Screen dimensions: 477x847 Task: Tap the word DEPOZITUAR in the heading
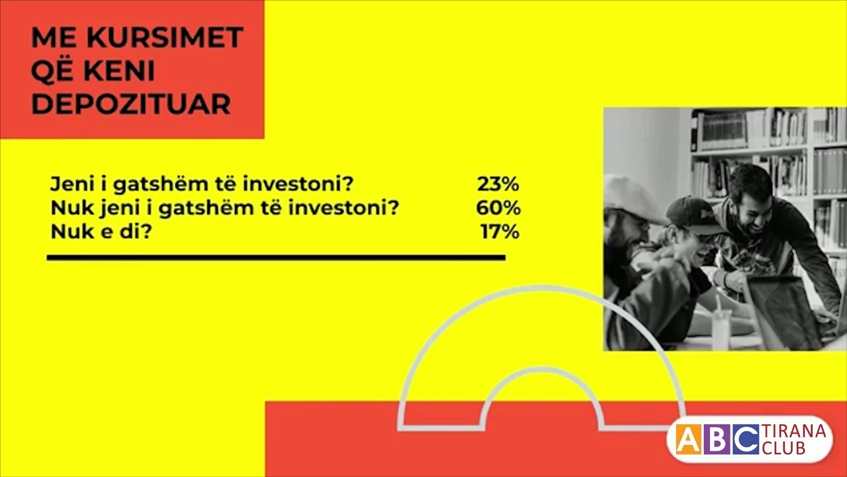click(x=131, y=104)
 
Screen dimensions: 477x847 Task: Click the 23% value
click(x=498, y=184)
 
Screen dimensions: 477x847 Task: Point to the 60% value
click(x=498, y=208)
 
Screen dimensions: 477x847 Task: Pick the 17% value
click(x=500, y=233)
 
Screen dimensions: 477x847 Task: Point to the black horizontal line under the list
click(x=276, y=257)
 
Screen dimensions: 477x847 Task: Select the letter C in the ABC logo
click(x=746, y=440)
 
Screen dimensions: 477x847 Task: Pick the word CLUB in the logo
click(x=784, y=449)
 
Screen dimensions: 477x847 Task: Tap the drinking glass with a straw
click(x=721, y=325)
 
